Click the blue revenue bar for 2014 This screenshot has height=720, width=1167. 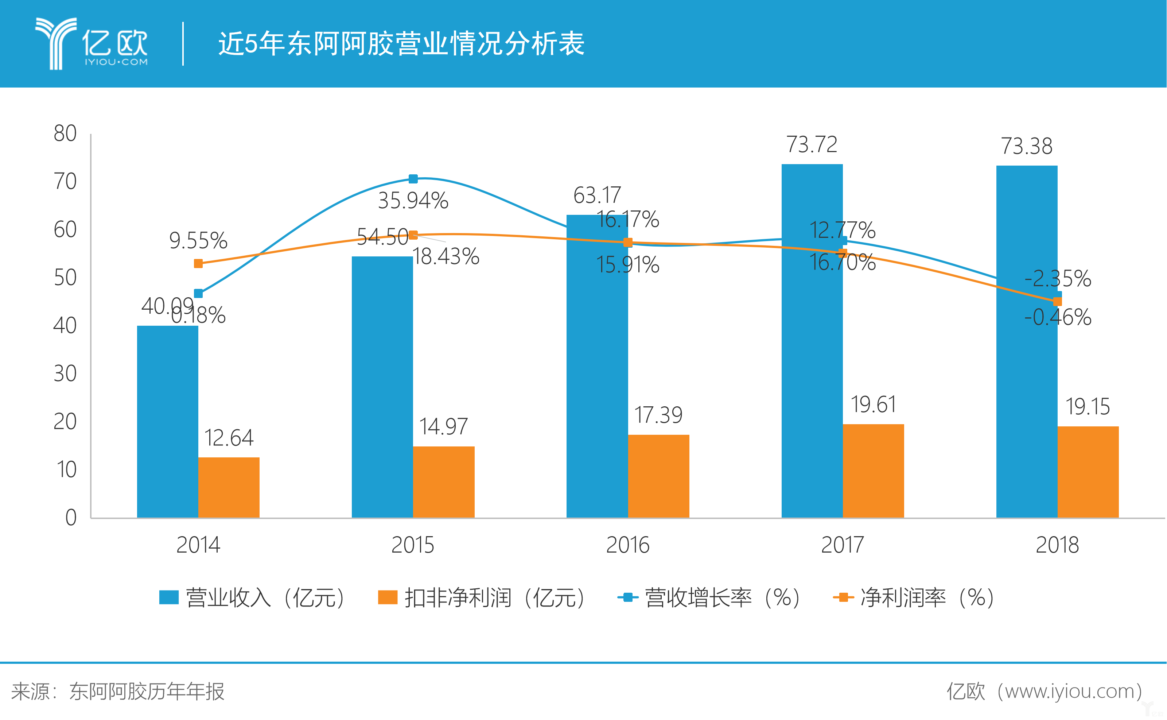tap(168, 421)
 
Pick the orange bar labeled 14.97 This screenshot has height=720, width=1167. tap(444, 481)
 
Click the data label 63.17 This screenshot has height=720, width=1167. tap(597, 195)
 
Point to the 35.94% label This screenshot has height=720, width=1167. tap(413, 201)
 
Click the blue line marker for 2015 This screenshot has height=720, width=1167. tap(413, 179)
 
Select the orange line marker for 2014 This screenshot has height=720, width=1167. tap(198, 264)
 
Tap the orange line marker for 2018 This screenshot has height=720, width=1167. tap(1057, 301)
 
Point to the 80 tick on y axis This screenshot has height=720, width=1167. tap(65, 133)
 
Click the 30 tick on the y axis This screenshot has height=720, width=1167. tap(65, 373)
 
